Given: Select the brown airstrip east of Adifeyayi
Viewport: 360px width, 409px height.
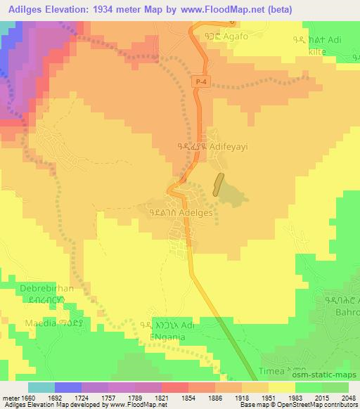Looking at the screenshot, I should click(219, 184).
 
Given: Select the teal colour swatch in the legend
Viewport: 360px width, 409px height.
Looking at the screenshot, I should click(41, 387).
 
